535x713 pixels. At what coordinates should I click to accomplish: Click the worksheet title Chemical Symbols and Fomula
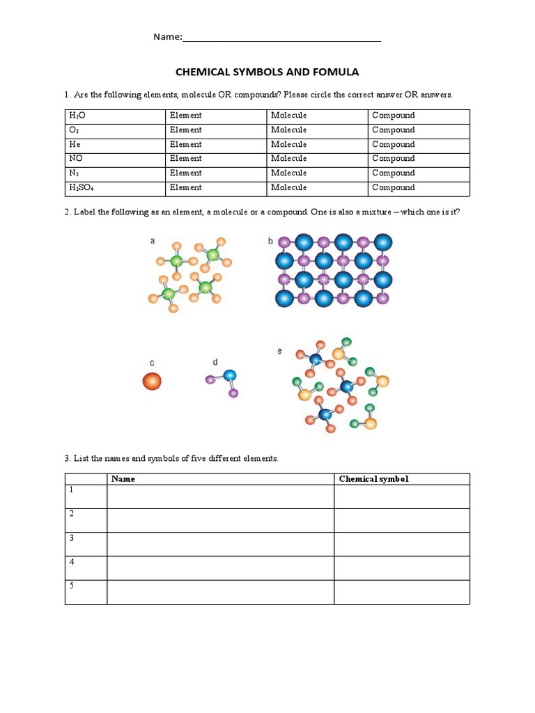click(x=267, y=72)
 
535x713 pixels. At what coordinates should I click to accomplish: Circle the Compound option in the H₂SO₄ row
click(x=393, y=188)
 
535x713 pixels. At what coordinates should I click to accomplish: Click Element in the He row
click(x=185, y=145)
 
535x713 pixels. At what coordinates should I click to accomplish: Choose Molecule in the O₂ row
click(x=288, y=130)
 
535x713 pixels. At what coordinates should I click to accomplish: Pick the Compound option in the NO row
click(x=393, y=159)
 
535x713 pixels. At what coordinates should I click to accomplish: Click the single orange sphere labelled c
click(x=152, y=381)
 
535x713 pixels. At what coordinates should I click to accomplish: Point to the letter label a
click(x=153, y=241)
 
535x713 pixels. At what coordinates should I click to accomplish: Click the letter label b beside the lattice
click(x=270, y=241)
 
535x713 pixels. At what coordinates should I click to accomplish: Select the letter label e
click(x=280, y=351)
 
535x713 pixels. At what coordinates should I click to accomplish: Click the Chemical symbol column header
click(x=373, y=479)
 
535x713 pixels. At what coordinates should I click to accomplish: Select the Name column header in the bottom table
click(x=123, y=479)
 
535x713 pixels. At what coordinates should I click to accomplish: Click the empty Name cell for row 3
click(x=220, y=544)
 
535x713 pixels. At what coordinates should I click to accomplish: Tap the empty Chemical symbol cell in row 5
click(x=401, y=592)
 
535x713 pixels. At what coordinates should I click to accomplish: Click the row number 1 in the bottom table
click(x=71, y=490)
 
